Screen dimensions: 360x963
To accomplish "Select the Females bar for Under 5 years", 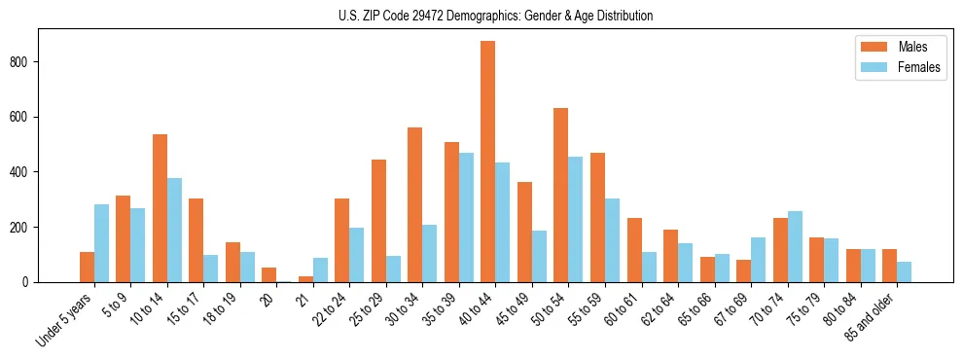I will pos(101,243).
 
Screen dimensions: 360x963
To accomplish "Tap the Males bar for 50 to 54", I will pos(561,195).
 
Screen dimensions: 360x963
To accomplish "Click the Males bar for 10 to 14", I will pos(160,208).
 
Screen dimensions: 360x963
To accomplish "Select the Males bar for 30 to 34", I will pos(415,204).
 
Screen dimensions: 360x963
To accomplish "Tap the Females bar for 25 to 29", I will pos(393,269).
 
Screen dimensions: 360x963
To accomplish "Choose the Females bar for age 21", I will pos(320,270).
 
